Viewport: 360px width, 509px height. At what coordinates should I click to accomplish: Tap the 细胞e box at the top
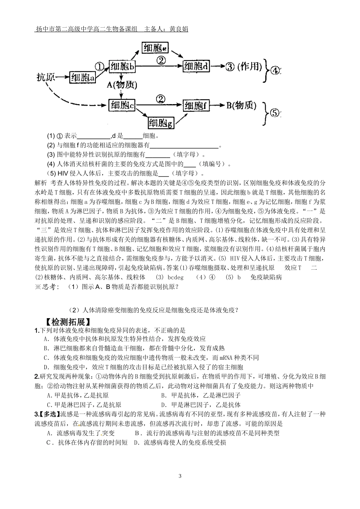coord(155,48)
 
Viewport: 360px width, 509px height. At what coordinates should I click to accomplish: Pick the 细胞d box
coord(196,66)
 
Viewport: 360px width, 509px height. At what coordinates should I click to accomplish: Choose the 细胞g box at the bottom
coord(161,123)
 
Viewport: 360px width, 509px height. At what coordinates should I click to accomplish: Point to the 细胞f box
coord(196,106)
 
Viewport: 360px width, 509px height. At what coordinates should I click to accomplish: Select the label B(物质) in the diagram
coord(241,106)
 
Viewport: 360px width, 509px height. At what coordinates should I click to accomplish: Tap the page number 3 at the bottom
coord(180,476)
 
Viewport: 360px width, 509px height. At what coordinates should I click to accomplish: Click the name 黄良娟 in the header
coord(179,29)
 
